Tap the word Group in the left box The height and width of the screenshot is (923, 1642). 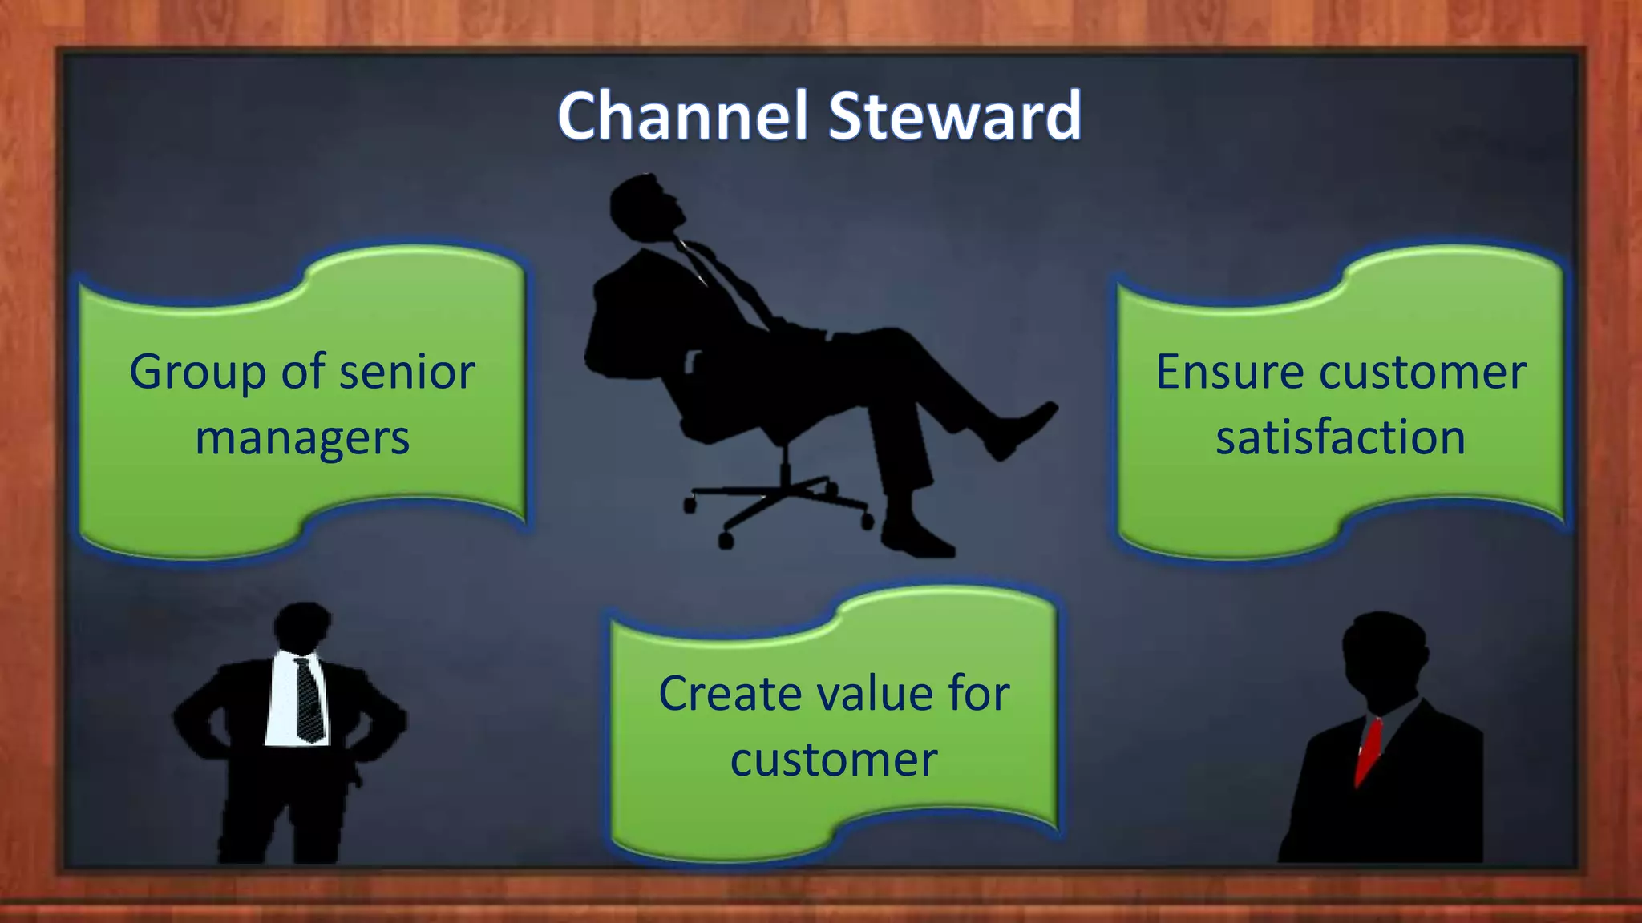[197, 373]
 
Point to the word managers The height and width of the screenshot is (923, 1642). [302, 439]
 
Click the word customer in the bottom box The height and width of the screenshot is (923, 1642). [833, 760]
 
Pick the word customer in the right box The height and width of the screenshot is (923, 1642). [1422, 373]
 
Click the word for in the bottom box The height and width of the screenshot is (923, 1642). [978, 694]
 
